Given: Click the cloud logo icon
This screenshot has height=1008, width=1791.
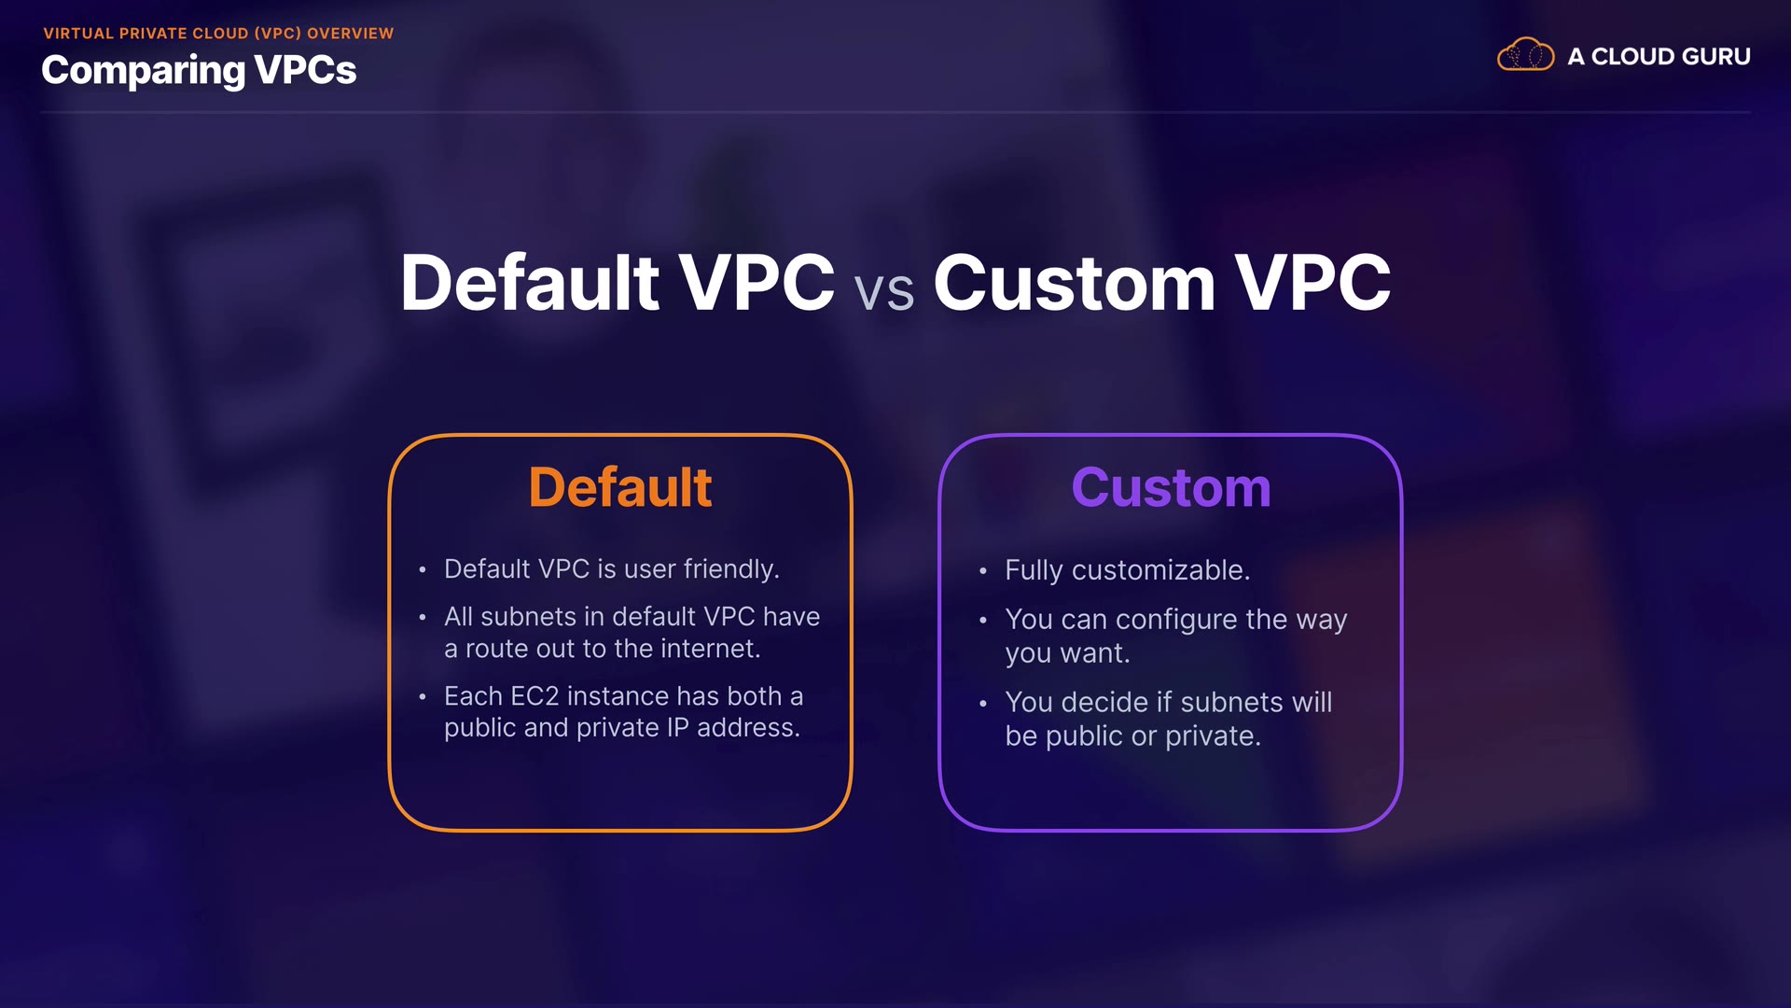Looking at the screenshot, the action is coord(1525,54).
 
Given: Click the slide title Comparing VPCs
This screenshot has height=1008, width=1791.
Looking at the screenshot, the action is coord(199,71).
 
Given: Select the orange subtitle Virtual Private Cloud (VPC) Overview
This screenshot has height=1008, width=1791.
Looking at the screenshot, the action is coord(218,34).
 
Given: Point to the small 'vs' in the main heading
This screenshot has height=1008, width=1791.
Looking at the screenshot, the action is coord(883,291).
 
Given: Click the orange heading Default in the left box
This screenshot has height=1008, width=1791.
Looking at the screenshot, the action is coord(620,487).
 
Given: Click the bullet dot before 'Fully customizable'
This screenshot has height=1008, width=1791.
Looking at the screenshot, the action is coord(983,571).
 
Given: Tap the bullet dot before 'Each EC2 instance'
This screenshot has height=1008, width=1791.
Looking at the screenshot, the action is coord(423,697).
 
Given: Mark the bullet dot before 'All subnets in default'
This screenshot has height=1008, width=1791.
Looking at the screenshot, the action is coord(423,618).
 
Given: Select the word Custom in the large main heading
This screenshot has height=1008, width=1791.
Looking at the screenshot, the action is coord(1075,283).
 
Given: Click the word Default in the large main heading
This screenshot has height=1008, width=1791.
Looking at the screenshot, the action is coord(530,283).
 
